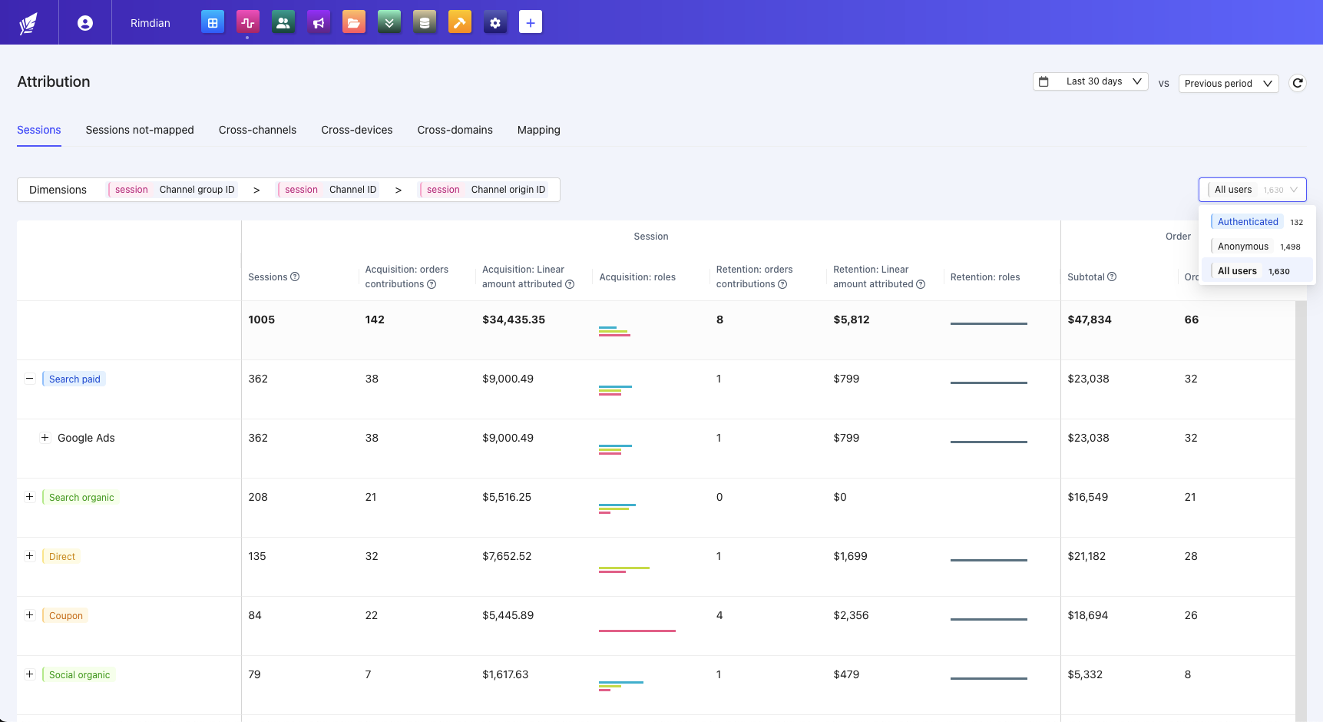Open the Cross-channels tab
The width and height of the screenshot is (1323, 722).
257,130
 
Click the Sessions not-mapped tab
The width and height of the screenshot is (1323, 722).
140,130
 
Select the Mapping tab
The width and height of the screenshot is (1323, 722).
538,130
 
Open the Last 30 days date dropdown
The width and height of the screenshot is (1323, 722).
1090,81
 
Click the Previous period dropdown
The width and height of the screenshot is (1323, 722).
1228,84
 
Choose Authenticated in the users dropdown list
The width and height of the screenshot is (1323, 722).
1248,222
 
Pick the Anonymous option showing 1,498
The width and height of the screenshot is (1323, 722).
1243,247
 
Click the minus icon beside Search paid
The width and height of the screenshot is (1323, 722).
30,379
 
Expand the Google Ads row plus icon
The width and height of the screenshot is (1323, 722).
45,438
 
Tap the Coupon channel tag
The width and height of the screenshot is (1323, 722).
65,616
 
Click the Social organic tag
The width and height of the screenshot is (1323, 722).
79,675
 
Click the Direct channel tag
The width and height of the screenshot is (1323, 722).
62,557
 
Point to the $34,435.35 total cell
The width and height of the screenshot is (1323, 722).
514,320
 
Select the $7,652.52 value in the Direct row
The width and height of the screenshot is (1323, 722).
507,556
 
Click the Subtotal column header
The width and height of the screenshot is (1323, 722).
1086,277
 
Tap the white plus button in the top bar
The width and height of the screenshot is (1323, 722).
531,22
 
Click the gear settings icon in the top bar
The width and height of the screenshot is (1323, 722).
495,22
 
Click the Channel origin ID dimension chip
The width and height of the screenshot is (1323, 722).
486,190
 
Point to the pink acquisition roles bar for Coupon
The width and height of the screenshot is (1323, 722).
637,631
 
